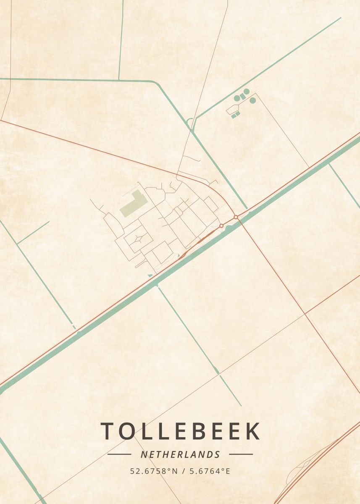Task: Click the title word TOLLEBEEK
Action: click(180, 431)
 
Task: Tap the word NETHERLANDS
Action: click(180, 454)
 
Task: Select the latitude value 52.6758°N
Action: click(154, 471)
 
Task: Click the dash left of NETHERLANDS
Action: click(119, 454)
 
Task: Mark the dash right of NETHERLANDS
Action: click(241, 454)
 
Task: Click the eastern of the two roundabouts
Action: click(236, 217)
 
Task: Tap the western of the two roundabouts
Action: click(221, 226)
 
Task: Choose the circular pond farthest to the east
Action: click(252, 100)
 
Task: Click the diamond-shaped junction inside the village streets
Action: click(137, 239)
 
